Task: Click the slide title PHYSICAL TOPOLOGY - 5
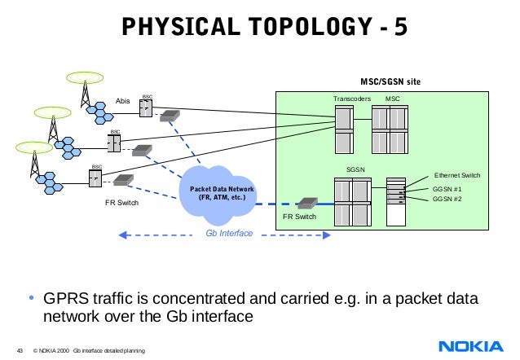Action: (x=260, y=28)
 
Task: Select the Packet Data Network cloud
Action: (x=223, y=193)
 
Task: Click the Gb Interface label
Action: (x=228, y=234)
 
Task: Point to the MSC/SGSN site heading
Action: (x=391, y=81)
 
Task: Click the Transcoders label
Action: (x=351, y=99)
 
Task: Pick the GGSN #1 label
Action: (x=446, y=188)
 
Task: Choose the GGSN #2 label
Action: (x=446, y=199)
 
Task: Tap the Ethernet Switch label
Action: (x=457, y=175)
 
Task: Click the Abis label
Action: (x=123, y=101)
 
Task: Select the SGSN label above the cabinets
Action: (x=355, y=169)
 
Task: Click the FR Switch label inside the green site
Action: (x=299, y=217)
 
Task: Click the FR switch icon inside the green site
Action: (x=308, y=202)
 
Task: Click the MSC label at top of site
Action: (x=393, y=99)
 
